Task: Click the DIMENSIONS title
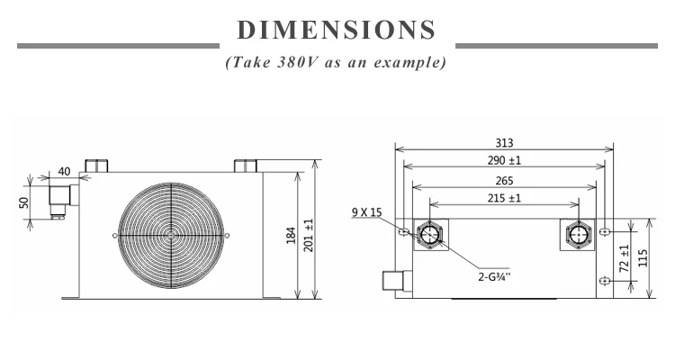click(337, 30)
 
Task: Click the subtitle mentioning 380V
click(336, 62)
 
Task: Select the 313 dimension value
click(504, 143)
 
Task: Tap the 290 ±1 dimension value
click(504, 160)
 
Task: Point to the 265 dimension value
click(504, 180)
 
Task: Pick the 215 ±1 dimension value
click(504, 198)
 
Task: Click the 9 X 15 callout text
click(367, 211)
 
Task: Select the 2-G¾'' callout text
click(494, 276)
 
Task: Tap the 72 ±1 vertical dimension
click(625, 258)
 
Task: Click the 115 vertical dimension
click(643, 258)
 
